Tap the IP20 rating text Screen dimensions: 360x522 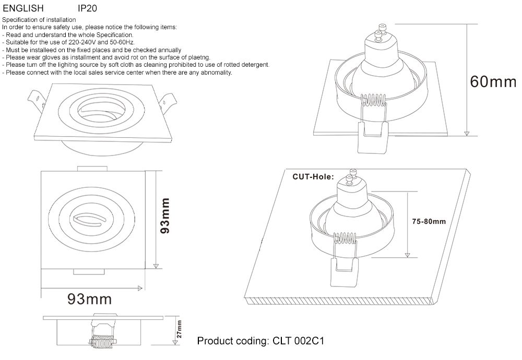click(87, 8)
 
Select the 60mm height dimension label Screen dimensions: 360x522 click(492, 82)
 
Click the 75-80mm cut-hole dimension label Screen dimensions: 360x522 click(429, 221)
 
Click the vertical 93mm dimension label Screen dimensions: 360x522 click(165, 215)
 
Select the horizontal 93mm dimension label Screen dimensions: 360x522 click(89, 299)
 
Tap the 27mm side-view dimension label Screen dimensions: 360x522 click(179, 330)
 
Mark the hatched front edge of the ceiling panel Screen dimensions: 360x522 click(339, 302)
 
